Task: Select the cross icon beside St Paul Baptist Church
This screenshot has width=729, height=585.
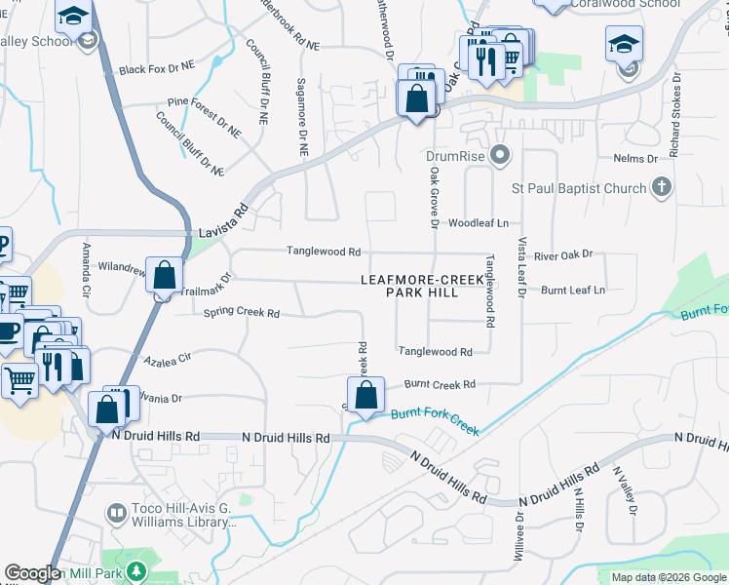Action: click(661, 186)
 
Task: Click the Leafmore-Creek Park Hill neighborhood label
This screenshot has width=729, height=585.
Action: click(422, 286)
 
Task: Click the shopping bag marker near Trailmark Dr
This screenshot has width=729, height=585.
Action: click(165, 276)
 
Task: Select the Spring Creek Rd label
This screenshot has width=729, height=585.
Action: click(241, 313)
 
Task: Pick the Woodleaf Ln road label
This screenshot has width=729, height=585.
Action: click(479, 223)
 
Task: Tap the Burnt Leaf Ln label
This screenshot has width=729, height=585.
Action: click(573, 291)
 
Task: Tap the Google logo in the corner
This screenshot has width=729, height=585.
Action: click(32, 573)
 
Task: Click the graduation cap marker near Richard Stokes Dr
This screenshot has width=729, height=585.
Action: click(624, 45)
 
